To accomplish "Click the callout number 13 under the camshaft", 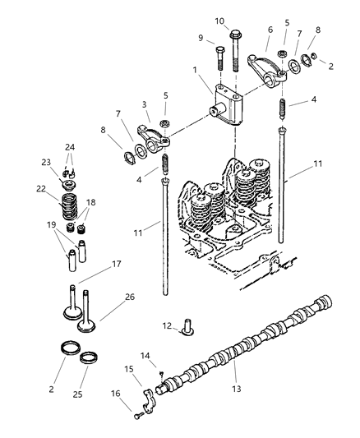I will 238,388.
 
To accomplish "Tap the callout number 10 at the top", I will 219,21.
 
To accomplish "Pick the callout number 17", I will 117,264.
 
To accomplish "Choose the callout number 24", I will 71,148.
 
